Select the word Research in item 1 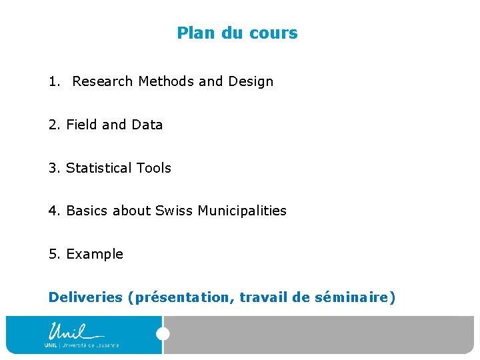click(x=103, y=81)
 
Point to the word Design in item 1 click(x=251, y=81)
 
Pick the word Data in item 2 click(x=147, y=125)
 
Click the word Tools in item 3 click(x=153, y=168)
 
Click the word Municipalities click(x=242, y=211)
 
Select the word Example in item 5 click(x=95, y=254)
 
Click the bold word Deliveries click(x=85, y=297)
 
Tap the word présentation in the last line click(x=184, y=297)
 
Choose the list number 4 click(x=53, y=211)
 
